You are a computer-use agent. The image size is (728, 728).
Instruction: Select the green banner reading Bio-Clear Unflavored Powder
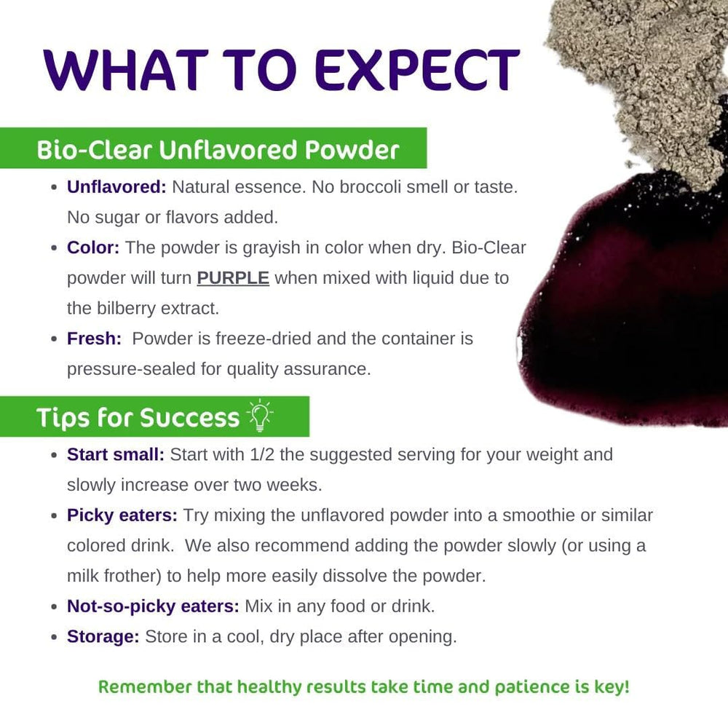218,149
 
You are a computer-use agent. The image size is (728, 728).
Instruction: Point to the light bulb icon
260,416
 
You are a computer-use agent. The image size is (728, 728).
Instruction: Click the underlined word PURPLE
233,278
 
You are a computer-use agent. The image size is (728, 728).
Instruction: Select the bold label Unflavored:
116,187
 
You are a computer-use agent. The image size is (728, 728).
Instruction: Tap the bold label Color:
93,248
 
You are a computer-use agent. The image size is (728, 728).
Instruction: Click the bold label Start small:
116,455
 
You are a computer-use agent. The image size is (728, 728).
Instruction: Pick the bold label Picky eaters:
122,515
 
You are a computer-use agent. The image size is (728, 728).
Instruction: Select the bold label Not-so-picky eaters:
153,606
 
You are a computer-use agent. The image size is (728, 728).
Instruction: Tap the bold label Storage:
103,636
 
